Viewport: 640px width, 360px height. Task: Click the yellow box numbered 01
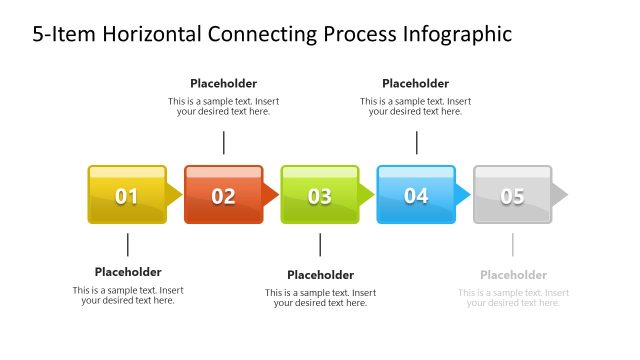click(127, 195)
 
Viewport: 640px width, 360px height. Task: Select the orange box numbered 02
click(223, 195)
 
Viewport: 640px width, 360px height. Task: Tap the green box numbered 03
click(319, 195)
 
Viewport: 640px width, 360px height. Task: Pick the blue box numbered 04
click(415, 195)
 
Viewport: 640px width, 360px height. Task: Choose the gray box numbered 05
click(512, 195)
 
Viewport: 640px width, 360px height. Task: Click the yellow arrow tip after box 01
click(174, 194)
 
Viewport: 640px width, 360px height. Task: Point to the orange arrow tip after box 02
click(270, 194)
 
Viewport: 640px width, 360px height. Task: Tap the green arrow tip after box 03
click(366, 194)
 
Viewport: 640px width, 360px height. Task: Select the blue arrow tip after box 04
click(462, 194)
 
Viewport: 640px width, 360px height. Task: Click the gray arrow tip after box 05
click(559, 194)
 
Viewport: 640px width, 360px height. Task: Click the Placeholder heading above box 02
click(223, 84)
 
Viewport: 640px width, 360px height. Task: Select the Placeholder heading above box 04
click(415, 84)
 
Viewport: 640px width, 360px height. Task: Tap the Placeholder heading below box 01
click(128, 272)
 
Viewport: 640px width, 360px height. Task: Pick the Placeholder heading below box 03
click(320, 275)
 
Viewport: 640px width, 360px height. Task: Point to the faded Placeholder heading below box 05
click(513, 275)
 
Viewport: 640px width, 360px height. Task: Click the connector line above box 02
click(223, 142)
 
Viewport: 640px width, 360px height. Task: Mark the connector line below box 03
click(320, 245)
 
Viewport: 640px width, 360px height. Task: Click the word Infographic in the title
click(456, 34)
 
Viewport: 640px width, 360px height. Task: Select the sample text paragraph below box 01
click(128, 295)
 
